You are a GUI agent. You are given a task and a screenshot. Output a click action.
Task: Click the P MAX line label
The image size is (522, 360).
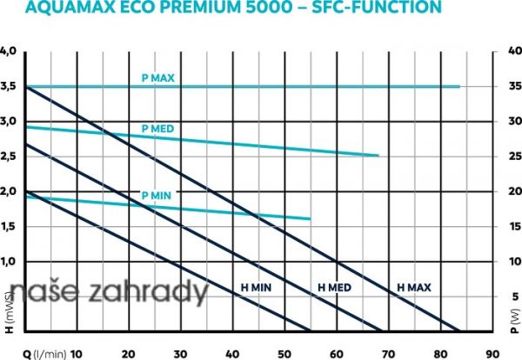click(158, 77)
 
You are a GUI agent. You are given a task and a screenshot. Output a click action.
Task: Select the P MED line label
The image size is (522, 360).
click(157, 129)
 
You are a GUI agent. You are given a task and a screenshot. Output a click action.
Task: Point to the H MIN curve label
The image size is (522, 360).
click(257, 286)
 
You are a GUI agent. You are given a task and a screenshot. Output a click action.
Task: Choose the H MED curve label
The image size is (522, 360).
click(334, 286)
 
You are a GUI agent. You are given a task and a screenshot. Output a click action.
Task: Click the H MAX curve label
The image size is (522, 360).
click(413, 286)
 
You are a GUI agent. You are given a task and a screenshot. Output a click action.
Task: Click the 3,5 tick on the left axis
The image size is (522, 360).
click(9, 87)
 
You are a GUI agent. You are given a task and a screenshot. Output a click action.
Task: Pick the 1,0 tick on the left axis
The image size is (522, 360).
click(9, 261)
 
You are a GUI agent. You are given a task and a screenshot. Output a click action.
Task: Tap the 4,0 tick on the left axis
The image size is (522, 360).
click(9, 51)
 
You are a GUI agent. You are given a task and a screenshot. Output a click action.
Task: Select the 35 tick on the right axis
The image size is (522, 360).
click(513, 87)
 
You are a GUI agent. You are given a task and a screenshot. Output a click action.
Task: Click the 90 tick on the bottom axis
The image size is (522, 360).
click(494, 353)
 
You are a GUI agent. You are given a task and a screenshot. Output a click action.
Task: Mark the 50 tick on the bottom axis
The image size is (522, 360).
click(284, 353)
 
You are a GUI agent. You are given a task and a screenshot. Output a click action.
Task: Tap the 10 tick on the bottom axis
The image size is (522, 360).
click(76, 353)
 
